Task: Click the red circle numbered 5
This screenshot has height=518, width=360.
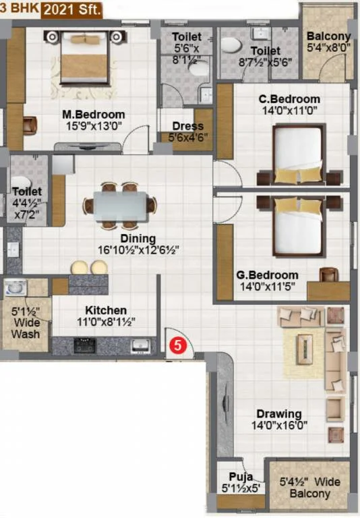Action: click(x=178, y=345)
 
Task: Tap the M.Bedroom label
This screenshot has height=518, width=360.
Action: click(x=94, y=115)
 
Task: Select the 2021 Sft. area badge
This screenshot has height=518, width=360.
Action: click(x=71, y=10)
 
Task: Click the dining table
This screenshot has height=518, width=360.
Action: click(x=120, y=206)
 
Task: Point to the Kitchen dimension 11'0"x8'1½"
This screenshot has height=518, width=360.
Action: click(x=106, y=322)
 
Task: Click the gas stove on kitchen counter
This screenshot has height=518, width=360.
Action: click(x=85, y=345)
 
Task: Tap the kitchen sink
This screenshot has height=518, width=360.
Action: click(x=141, y=345)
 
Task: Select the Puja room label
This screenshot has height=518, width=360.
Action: click(x=241, y=477)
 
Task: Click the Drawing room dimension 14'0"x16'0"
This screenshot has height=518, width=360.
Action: click(x=279, y=425)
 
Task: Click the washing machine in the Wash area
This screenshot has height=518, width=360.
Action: click(x=15, y=287)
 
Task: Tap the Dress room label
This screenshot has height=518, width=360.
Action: click(x=187, y=126)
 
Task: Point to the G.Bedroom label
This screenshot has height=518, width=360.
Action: click(x=267, y=275)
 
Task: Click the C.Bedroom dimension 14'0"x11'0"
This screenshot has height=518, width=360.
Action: click(x=290, y=110)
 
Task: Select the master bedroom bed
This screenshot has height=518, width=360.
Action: click(x=84, y=58)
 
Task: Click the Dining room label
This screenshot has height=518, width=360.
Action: click(x=138, y=238)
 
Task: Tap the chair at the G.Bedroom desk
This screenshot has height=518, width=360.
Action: click(x=328, y=274)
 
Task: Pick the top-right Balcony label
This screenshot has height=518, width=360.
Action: click(x=328, y=36)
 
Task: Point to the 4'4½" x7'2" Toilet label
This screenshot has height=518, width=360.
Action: click(x=27, y=203)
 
